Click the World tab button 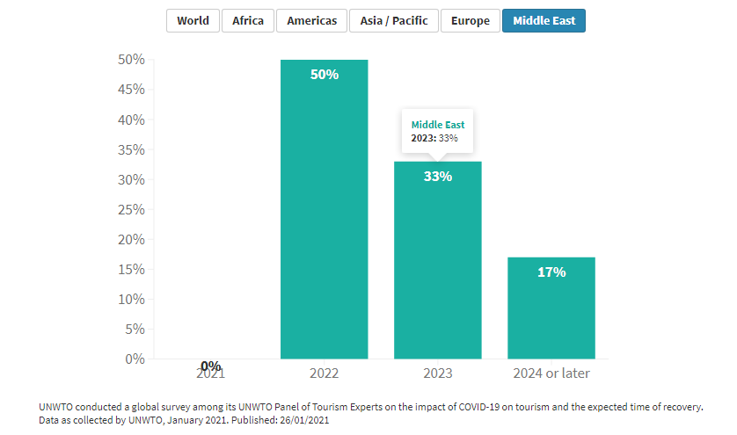193,20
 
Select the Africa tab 247,20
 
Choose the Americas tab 311,20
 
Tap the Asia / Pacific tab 394,20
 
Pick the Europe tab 471,20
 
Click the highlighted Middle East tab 544,20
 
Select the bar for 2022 324,220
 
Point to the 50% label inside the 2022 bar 325,75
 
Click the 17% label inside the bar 551,272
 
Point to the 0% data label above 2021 210,366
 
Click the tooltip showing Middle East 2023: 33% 438,132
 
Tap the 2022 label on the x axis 324,373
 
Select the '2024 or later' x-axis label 551,373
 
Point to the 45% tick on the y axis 131,90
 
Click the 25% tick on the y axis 131,209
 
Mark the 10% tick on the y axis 131,299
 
